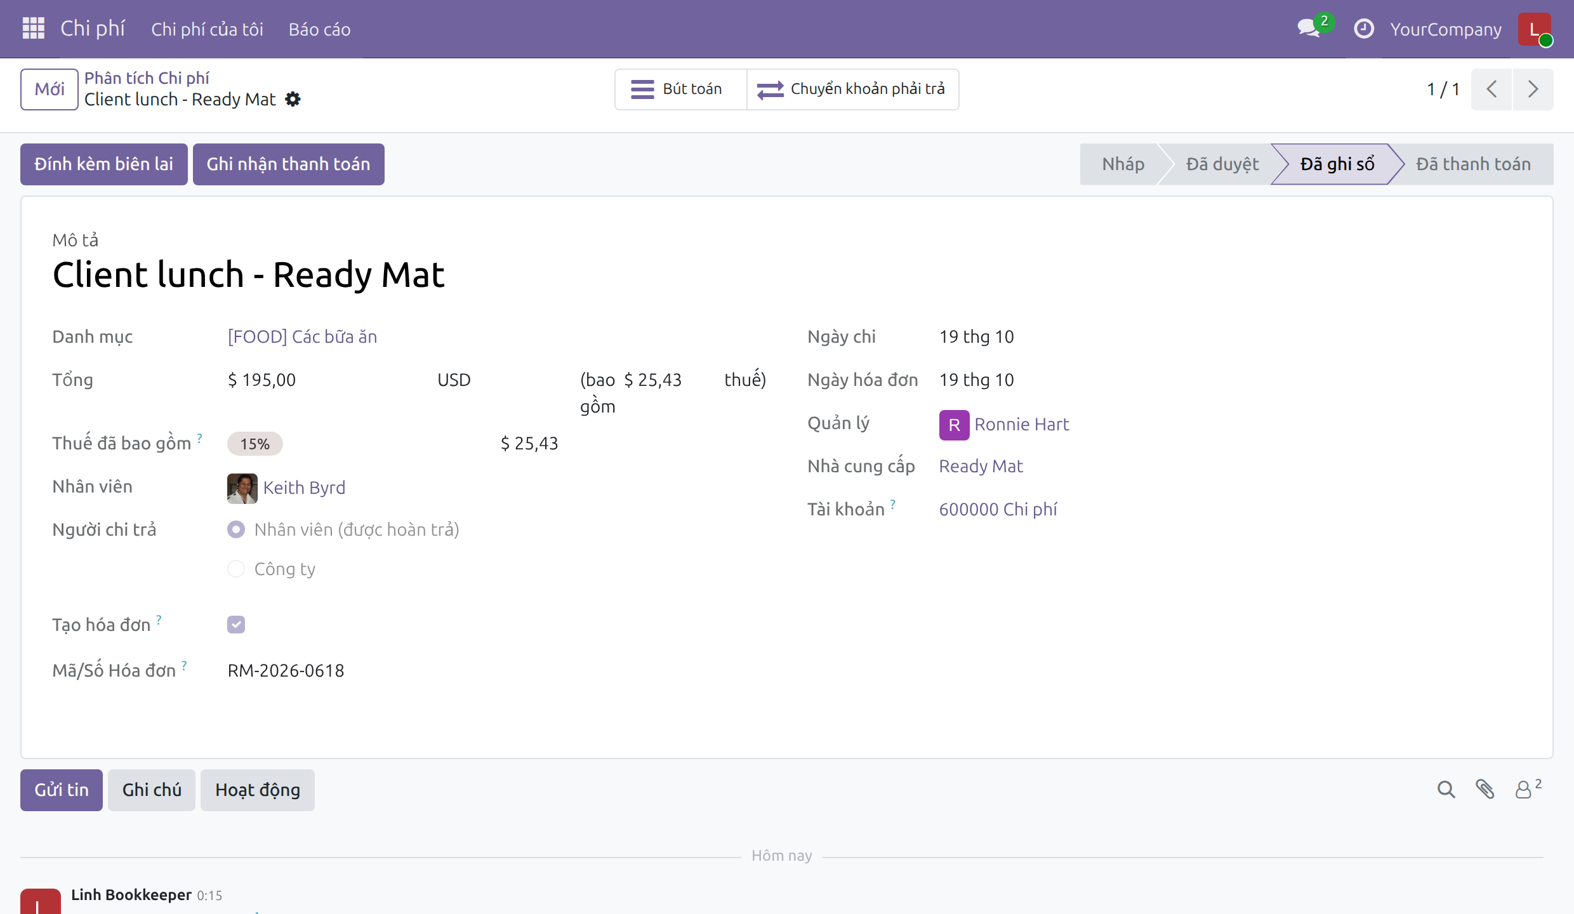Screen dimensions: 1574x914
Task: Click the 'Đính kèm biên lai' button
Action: (104, 164)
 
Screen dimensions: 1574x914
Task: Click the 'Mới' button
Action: (50, 89)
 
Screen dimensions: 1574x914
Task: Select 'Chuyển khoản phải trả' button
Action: (853, 89)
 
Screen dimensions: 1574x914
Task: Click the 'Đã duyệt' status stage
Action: (1222, 164)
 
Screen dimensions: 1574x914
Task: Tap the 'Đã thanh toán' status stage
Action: (1473, 164)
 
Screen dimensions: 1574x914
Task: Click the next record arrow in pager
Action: (1533, 89)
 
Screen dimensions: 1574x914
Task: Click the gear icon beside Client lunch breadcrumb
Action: (293, 100)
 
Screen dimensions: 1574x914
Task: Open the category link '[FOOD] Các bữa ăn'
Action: (302, 337)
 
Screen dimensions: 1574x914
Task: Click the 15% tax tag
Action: (255, 444)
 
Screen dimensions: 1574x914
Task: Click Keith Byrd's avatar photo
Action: (242, 488)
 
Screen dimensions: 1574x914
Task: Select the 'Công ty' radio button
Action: (236, 569)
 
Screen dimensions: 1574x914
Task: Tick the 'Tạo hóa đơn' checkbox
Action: (236, 625)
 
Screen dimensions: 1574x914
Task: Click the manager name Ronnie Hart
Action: (1022, 425)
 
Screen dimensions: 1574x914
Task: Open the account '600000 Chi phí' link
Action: (998, 510)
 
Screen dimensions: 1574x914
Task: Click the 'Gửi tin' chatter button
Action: (62, 790)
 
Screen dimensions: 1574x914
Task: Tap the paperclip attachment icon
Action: (1485, 789)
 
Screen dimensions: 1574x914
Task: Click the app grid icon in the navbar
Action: (33, 29)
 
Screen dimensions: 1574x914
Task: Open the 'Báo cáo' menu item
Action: (319, 30)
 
